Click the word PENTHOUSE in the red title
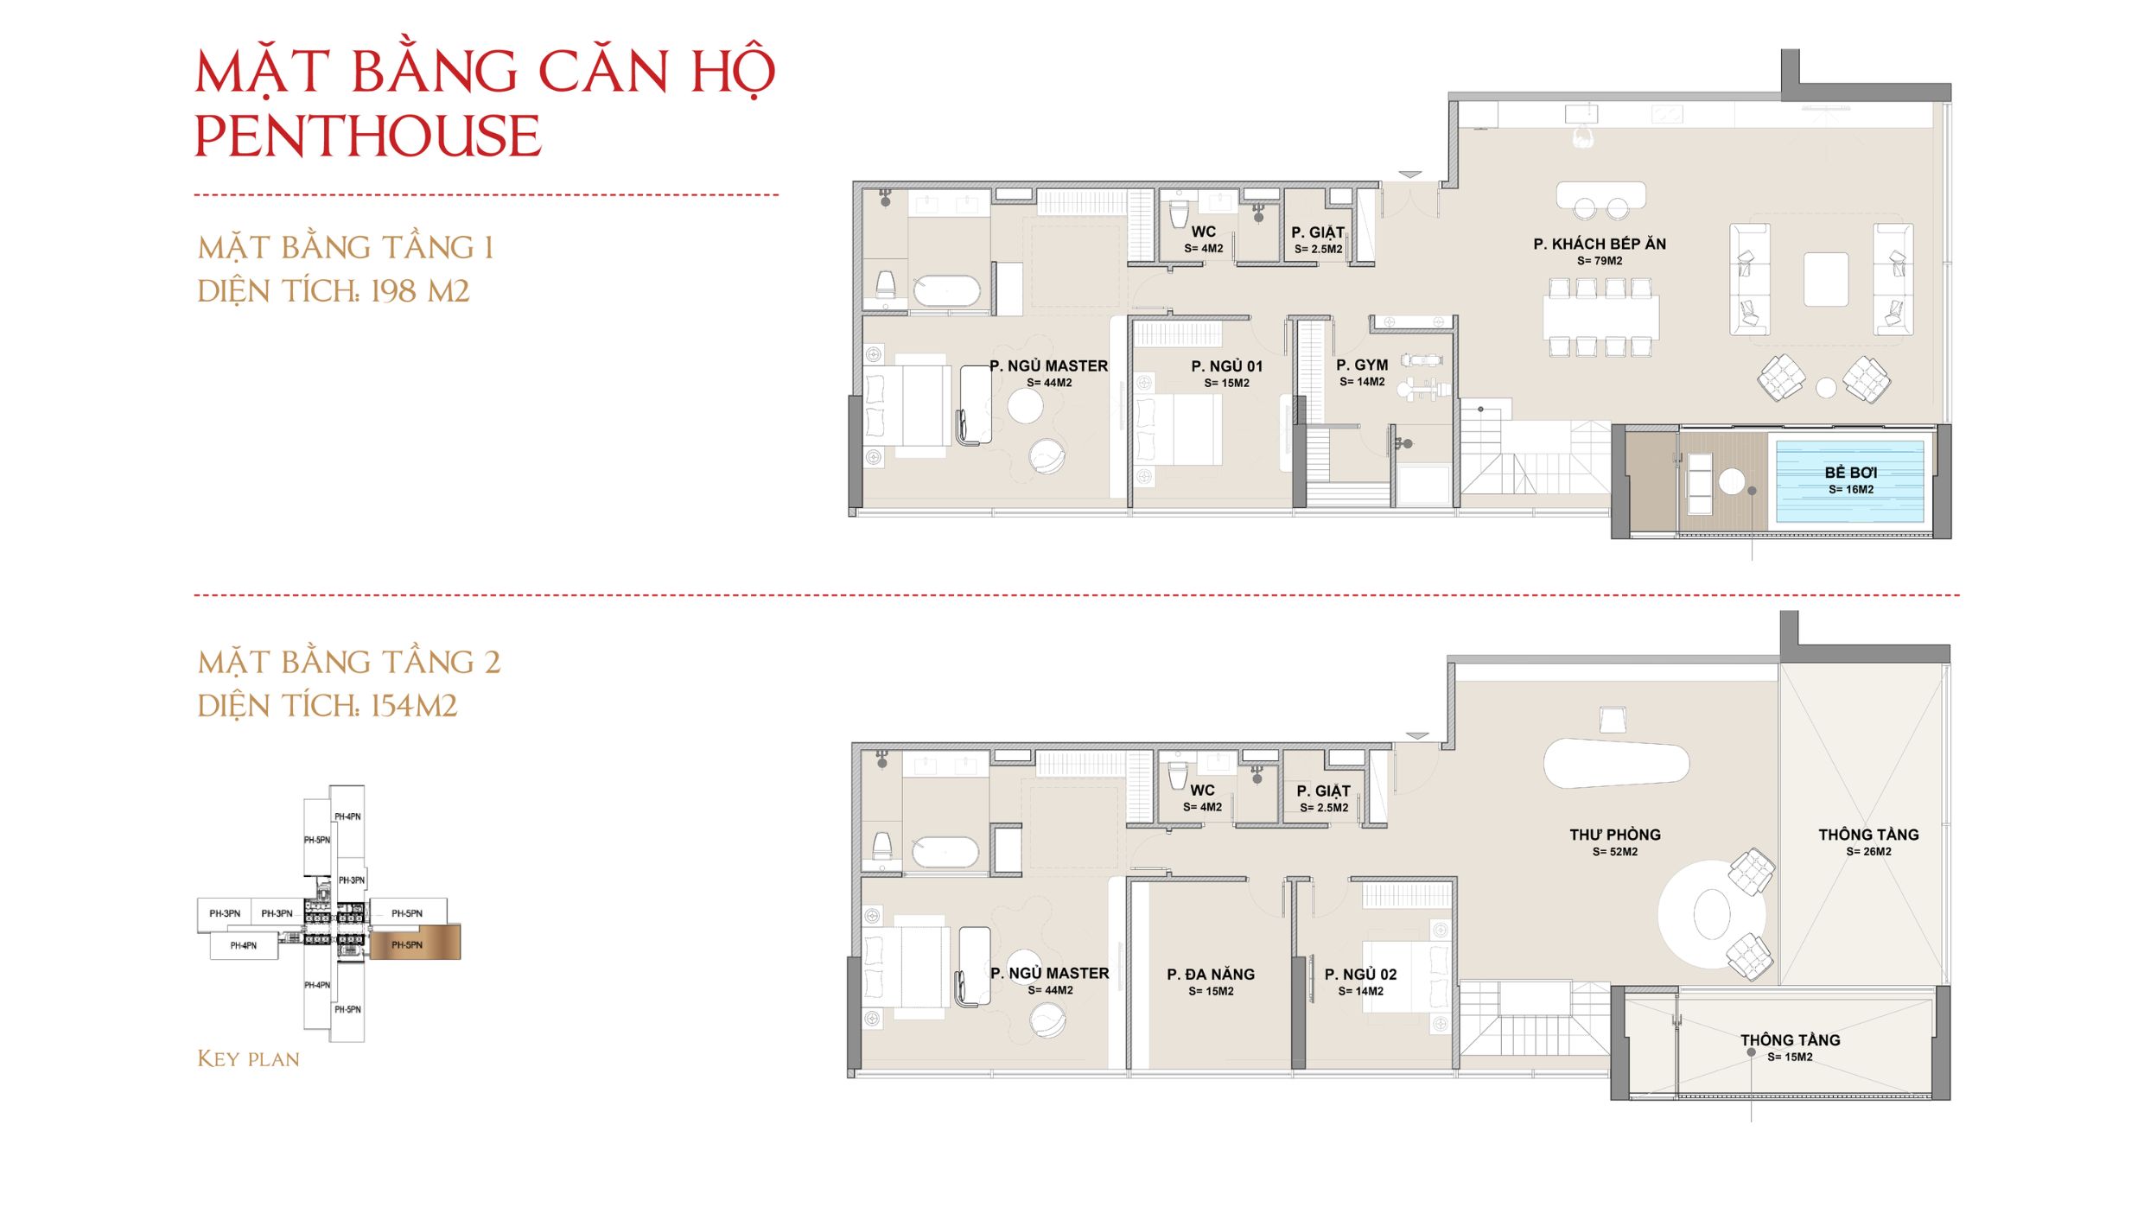click(x=367, y=137)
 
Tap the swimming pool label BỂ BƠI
click(x=1850, y=473)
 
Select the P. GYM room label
click(x=1362, y=365)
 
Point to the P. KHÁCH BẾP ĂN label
click(x=1600, y=244)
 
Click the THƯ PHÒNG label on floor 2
click(x=1615, y=835)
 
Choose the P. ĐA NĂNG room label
click(x=1211, y=974)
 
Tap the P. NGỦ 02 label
click(x=1360, y=974)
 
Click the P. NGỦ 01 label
click(x=1226, y=366)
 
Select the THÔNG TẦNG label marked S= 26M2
click(x=1868, y=835)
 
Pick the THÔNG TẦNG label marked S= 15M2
click(x=1790, y=1040)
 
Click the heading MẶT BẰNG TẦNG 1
click(x=346, y=248)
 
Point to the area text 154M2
click(x=414, y=706)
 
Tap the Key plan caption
click(x=248, y=1058)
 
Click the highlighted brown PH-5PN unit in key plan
click(x=415, y=943)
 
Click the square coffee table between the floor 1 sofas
click(x=1825, y=279)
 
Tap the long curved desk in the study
click(x=1615, y=763)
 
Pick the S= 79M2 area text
click(x=1600, y=261)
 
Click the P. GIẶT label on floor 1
click(x=1318, y=232)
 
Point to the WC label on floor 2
click(x=1202, y=791)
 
